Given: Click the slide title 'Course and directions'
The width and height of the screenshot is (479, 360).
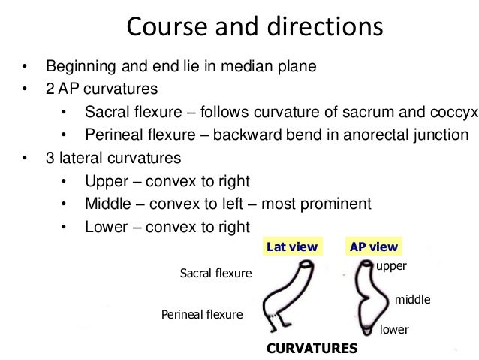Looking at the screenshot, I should [255, 28].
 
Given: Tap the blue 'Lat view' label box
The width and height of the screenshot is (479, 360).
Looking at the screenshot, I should [292, 247].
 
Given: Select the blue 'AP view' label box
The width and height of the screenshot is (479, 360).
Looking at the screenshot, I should [373, 247].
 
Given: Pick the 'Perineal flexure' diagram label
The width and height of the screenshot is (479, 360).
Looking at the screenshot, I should [203, 314].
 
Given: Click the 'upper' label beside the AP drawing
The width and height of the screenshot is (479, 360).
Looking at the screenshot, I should [390, 267].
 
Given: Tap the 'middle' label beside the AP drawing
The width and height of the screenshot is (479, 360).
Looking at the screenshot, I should [412, 300].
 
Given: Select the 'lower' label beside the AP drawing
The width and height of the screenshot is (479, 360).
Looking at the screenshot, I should [394, 329].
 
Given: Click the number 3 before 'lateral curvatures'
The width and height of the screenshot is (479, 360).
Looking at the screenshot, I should [50, 159].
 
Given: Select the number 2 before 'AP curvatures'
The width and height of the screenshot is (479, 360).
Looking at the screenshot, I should [50, 89].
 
